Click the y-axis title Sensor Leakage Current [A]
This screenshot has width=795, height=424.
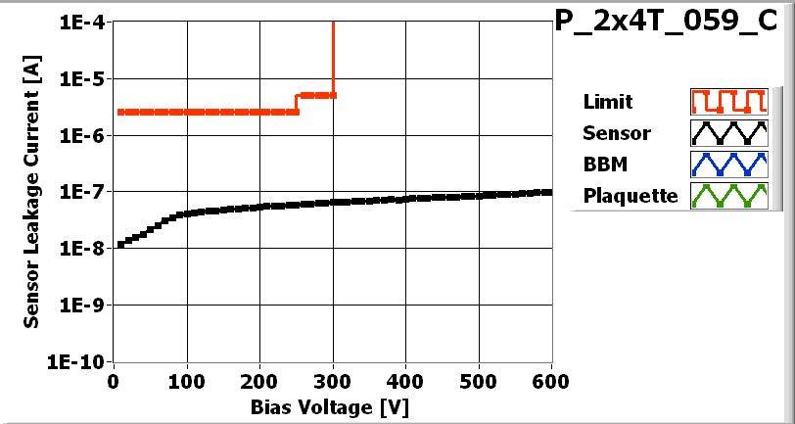click(32, 192)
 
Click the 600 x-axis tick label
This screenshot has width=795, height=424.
click(550, 380)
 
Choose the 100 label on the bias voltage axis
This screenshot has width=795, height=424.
click(186, 380)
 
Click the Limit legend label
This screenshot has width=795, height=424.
click(607, 102)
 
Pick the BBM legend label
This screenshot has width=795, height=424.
click(603, 164)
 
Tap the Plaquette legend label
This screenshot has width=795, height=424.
click(631, 195)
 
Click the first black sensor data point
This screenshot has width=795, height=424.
click(119, 245)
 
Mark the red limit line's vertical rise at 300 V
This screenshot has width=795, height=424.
click(334, 59)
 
